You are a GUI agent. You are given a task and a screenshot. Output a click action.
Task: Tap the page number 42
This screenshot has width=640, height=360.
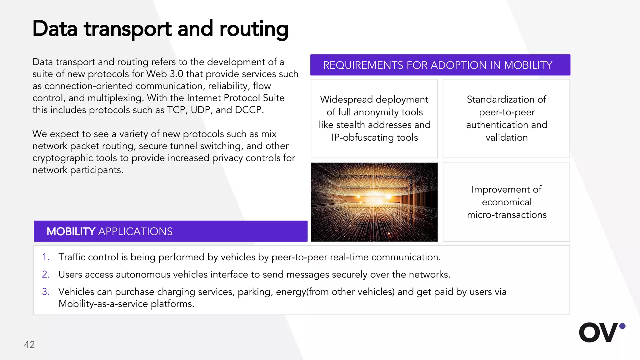tap(29, 344)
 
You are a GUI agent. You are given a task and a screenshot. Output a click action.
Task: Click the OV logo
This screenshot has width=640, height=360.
tap(598, 332)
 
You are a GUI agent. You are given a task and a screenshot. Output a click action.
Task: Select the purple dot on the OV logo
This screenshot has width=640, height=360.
tap(622, 326)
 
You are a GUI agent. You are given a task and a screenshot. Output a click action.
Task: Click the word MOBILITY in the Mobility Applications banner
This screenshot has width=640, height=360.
tap(71, 232)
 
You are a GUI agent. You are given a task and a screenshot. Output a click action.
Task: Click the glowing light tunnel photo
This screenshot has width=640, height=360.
tap(374, 202)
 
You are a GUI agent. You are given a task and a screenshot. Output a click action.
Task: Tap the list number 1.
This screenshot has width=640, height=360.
tap(46, 257)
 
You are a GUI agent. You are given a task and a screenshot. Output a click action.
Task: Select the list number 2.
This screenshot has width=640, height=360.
tap(46, 274)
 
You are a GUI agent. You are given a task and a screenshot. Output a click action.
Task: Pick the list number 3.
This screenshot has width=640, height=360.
tap(46, 292)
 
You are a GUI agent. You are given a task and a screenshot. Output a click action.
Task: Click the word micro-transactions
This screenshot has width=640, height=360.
tap(507, 215)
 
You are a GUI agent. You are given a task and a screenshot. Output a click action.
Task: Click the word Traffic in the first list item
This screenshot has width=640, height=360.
tap(72, 257)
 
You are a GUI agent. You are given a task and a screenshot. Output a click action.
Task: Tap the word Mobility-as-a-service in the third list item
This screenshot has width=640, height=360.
tap(103, 304)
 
